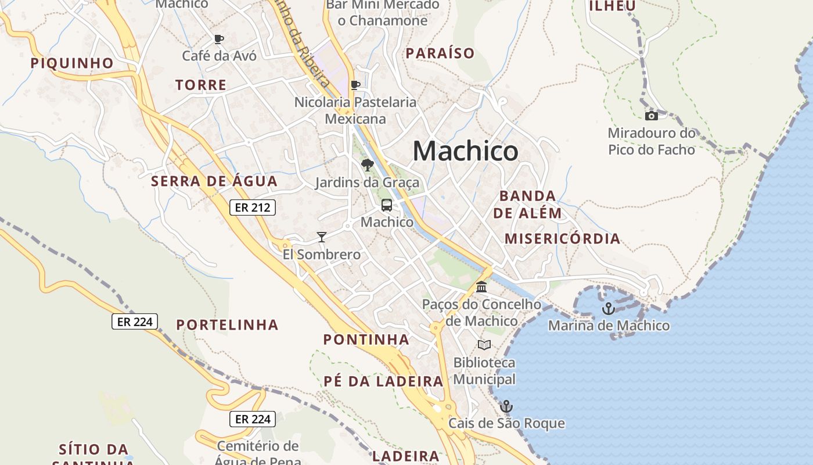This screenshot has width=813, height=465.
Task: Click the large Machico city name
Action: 465,152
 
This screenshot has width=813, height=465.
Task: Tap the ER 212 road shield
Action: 252,208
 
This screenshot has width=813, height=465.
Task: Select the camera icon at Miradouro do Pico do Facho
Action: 652,116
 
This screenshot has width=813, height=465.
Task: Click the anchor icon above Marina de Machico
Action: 609,309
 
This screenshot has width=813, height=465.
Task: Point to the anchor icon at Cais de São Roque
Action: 506,406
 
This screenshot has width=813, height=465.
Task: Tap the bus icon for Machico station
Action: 387,205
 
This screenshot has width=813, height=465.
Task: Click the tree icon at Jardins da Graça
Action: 367,166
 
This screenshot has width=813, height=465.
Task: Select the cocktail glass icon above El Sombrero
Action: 322,237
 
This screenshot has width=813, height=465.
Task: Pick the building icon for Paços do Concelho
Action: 481,287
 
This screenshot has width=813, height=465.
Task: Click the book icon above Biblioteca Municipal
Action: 484,345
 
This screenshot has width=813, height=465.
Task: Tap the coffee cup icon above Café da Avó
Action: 219,40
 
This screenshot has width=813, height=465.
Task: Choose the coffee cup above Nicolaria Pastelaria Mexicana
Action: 355,85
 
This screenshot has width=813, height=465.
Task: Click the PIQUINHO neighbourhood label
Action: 72,63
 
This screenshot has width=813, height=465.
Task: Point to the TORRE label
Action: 201,85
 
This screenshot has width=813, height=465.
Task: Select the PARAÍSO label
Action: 440,53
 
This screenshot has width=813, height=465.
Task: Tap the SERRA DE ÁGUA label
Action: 214,181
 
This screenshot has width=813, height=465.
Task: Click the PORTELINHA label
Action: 227,325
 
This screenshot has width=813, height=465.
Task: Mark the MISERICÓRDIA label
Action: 562,239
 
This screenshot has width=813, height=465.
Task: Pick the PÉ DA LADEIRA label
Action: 383,382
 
